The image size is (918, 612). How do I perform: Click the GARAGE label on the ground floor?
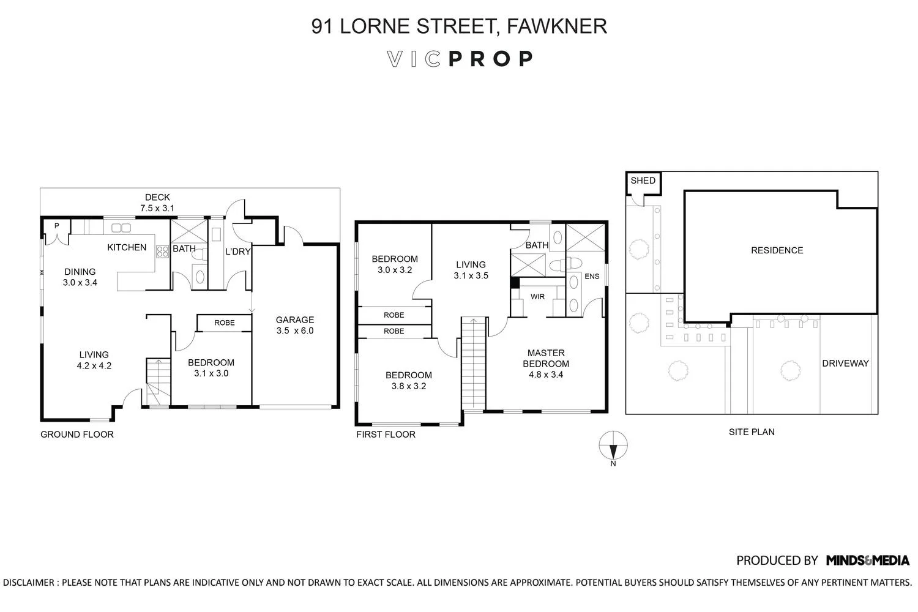[294, 319]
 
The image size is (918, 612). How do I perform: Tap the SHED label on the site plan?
[643, 181]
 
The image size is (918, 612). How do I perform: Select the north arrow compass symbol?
[613, 446]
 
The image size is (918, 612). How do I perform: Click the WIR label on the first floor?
[537, 296]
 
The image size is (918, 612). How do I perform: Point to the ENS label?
[592, 276]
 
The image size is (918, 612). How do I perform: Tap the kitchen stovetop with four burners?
[162, 252]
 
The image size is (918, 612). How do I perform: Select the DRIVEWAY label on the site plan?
[845, 363]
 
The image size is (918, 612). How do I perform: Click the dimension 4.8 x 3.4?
[546, 375]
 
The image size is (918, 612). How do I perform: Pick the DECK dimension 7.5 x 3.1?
[157, 208]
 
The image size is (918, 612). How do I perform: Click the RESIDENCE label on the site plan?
[777, 250]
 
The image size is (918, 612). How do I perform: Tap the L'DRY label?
[237, 252]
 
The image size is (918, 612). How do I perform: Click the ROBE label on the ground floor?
[225, 323]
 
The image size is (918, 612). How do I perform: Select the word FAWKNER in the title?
[557, 26]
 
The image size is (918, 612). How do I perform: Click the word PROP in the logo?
[491, 59]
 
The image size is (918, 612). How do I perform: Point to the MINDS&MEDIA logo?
[868, 561]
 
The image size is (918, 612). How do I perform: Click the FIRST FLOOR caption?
[386, 435]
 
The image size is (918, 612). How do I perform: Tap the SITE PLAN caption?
[752, 432]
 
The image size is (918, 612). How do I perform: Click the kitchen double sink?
[121, 228]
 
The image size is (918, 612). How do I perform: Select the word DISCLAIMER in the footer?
[28, 583]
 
